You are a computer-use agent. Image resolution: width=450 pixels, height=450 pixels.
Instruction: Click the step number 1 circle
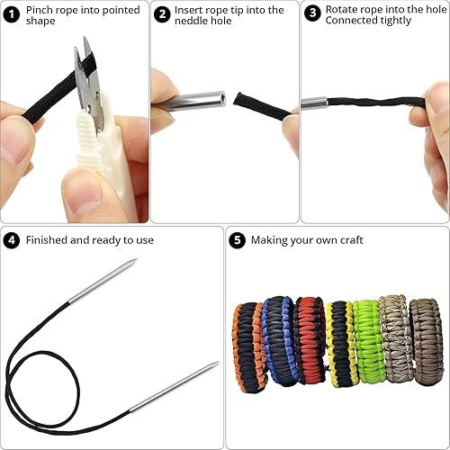tap(12, 14)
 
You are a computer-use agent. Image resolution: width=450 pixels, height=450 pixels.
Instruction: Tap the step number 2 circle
tap(162, 14)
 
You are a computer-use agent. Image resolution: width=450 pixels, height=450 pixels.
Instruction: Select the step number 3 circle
tap(312, 13)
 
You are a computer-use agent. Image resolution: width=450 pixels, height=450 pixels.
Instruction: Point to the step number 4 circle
tap(12, 240)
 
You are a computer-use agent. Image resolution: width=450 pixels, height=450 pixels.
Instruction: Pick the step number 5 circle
tap(238, 240)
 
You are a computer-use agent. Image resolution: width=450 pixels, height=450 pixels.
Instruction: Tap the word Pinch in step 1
tap(38, 10)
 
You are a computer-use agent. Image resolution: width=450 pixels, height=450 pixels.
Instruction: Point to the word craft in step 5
tap(351, 240)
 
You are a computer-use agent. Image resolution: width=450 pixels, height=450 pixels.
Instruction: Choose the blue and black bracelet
tap(277, 340)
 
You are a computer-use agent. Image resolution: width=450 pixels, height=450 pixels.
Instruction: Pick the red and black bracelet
tap(310, 340)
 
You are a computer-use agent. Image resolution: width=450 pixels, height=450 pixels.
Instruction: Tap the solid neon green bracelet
tap(367, 342)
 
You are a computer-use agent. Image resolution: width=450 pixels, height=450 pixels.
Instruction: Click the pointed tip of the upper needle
tap(136, 259)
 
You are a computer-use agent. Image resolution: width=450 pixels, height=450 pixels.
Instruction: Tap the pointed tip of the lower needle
tap(218, 363)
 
